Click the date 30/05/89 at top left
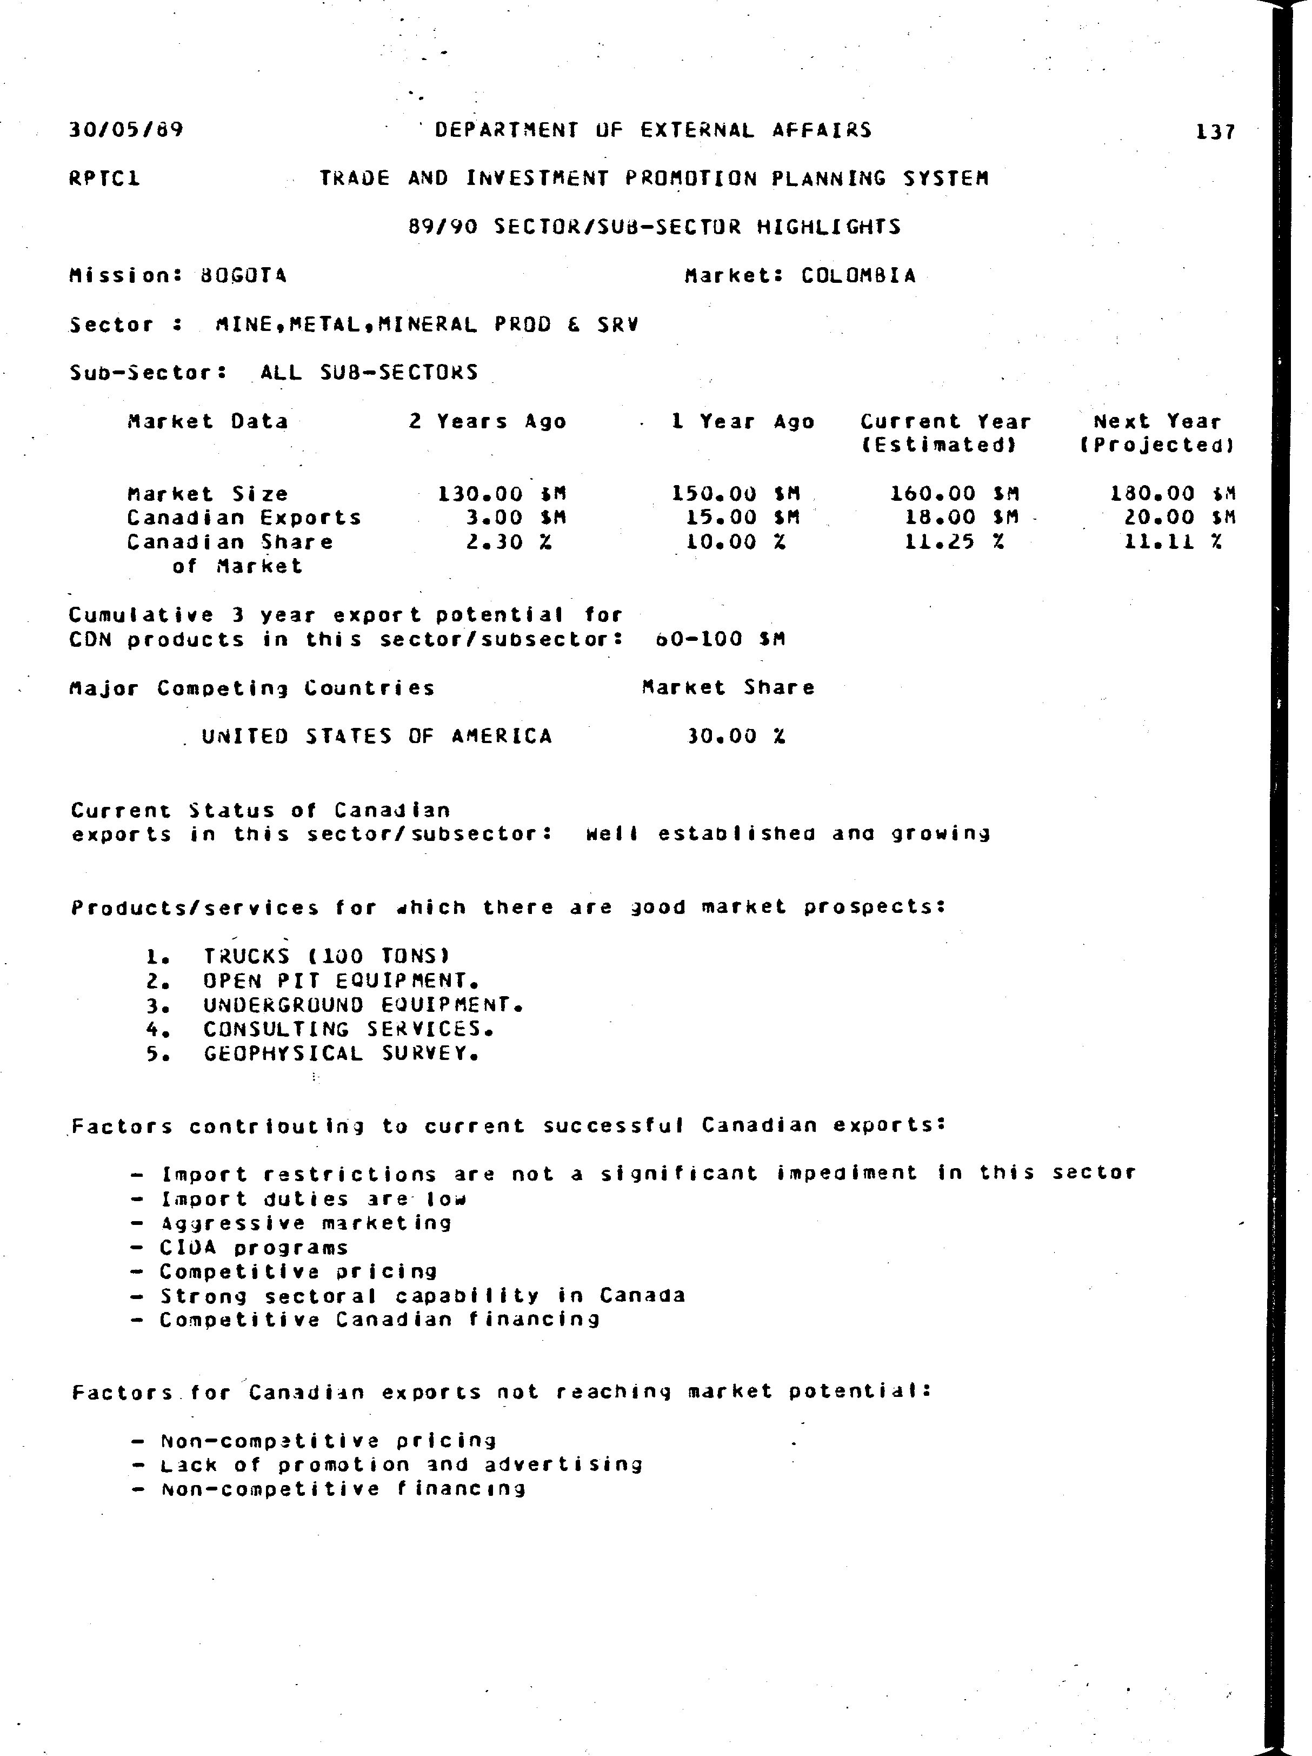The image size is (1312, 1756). pos(126,129)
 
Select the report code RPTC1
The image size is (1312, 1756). pos(105,178)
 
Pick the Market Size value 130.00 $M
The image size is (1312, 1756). pos(502,494)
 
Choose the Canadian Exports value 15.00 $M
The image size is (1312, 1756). pos(743,518)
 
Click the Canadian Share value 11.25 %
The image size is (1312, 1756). pos(955,542)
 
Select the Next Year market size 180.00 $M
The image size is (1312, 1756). pos(1173,494)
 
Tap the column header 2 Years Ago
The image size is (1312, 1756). pos(487,421)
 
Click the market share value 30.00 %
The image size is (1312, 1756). pos(736,736)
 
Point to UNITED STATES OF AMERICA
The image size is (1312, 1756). pos(376,736)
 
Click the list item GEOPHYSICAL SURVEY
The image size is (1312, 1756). pos(341,1053)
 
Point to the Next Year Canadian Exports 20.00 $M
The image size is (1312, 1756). pos(1180,518)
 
